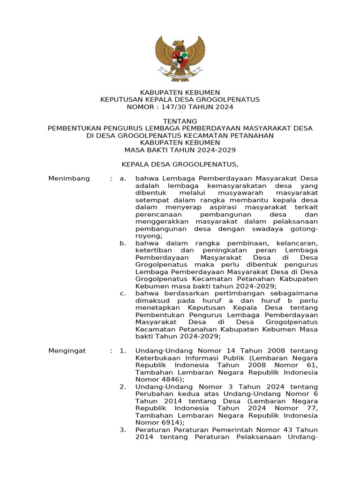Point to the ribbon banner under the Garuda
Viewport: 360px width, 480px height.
[x=180, y=74]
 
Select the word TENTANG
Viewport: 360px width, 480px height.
[x=180, y=121]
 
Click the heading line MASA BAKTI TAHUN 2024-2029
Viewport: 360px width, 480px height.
[x=180, y=150]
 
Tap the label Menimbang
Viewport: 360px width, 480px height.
[x=69, y=179]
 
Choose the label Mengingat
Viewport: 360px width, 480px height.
[x=67, y=351]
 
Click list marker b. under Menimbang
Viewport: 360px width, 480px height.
[x=123, y=243]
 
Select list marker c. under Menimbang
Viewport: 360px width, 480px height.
[x=123, y=293]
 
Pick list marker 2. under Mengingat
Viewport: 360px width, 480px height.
[x=123, y=387]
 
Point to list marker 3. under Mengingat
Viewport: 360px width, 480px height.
[x=123, y=430]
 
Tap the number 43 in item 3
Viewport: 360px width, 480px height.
[x=284, y=430]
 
